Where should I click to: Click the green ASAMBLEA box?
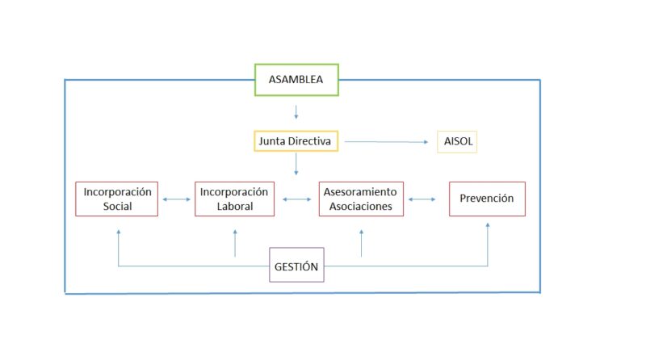(x=296, y=80)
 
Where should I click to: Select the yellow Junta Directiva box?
(x=295, y=141)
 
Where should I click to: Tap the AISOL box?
(x=457, y=141)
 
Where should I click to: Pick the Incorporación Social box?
(x=118, y=199)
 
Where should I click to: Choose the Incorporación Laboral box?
(x=234, y=199)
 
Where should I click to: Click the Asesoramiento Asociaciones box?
(x=360, y=199)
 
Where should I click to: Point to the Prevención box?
(x=487, y=199)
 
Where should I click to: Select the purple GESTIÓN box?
(x=296, y=266)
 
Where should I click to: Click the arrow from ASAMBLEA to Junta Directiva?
(x=296, y=111)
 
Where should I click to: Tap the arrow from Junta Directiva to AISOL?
(x=386, y=142)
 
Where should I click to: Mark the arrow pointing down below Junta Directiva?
(x=296, y=164)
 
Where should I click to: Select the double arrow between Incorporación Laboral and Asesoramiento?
(x=296, y=199)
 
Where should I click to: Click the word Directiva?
(x=314, y=141)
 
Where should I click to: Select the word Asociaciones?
(x=360, y=206)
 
